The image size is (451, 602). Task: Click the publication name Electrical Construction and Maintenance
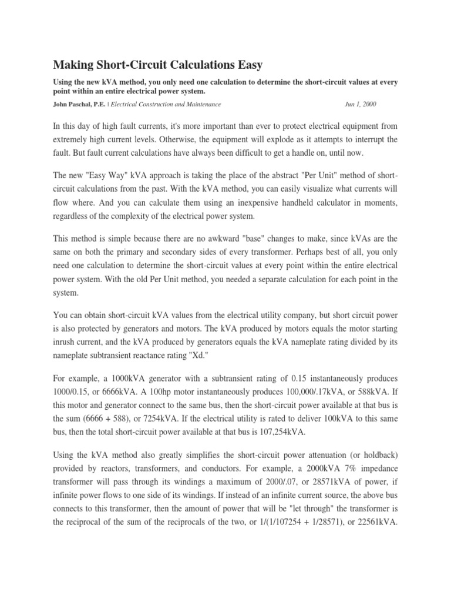[x=166, y=104]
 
